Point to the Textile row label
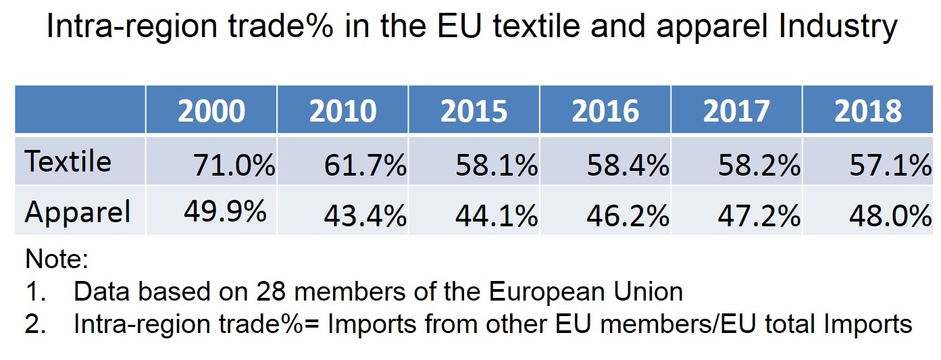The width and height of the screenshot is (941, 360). click(68, 162)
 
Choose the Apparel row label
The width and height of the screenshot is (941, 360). click(78, 212)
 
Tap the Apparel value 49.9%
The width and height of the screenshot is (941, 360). click(225, 212)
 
